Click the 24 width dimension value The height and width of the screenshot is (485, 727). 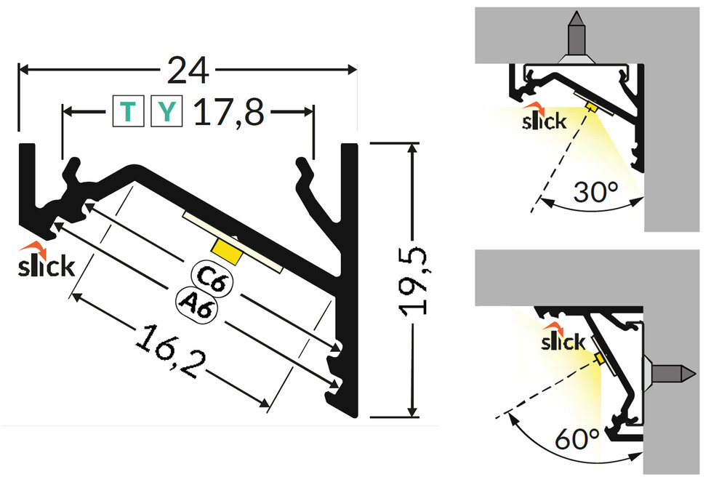188,70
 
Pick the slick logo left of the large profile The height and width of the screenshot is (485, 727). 44,262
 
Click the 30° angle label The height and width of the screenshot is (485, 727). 595,193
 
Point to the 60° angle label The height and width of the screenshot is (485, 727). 577,439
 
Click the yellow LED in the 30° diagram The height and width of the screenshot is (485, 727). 592,107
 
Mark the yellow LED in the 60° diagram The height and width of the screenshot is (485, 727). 600,358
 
